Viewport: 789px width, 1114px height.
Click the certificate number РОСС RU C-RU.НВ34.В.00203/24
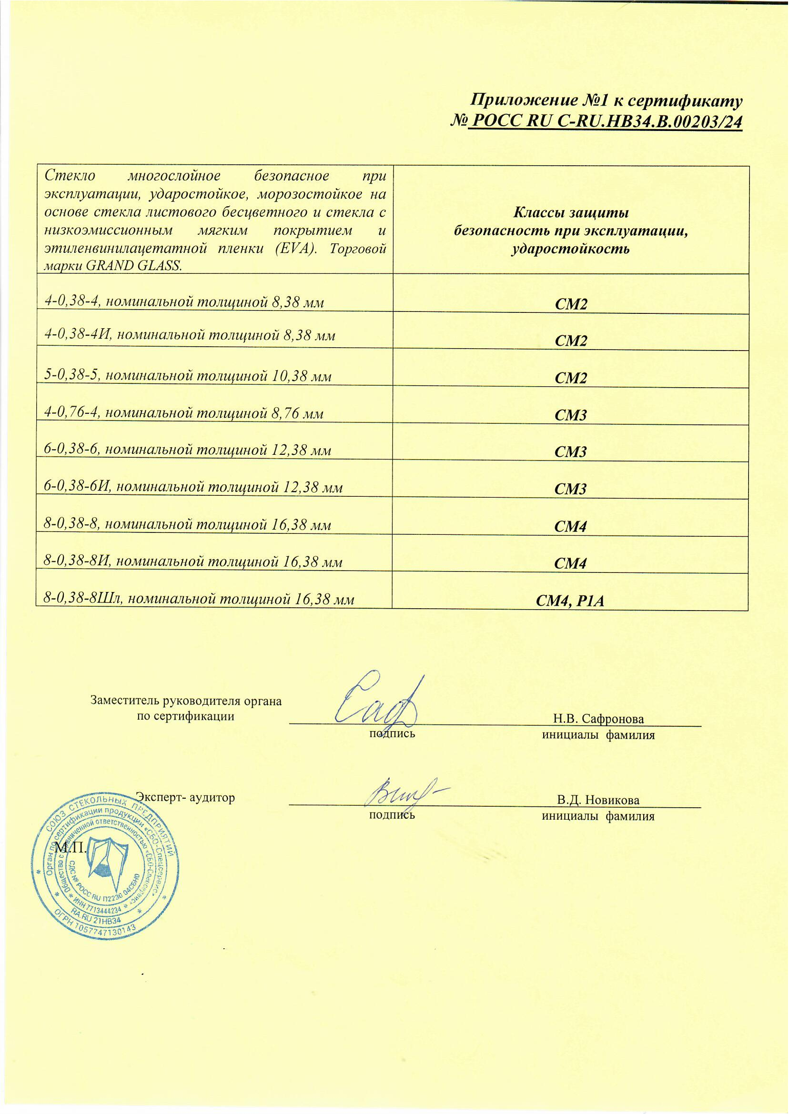(605, 121)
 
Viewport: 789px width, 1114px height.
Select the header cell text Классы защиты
(571, 213)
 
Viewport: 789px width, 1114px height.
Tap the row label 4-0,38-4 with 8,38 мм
(184, 302)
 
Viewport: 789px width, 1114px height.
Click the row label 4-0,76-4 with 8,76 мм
(183, 413)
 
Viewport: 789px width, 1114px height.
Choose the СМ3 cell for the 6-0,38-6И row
(571, 489)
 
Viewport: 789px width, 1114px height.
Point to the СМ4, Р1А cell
(570, 602)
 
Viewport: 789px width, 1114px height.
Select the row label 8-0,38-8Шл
(199, 599)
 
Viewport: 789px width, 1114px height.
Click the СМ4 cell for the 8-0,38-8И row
(571, 563)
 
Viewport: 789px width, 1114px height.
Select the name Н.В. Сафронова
(598, 719)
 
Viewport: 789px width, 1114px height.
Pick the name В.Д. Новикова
(598, 800)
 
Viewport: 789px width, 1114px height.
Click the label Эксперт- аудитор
(185, 797)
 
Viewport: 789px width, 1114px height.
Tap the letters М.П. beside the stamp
(71, 848)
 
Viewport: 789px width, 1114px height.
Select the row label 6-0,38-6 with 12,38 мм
(188, 450)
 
